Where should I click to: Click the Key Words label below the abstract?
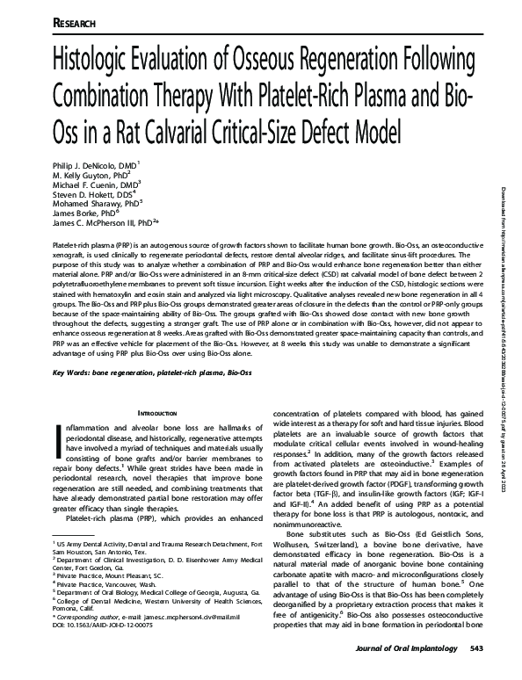click(x=75, y=374)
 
